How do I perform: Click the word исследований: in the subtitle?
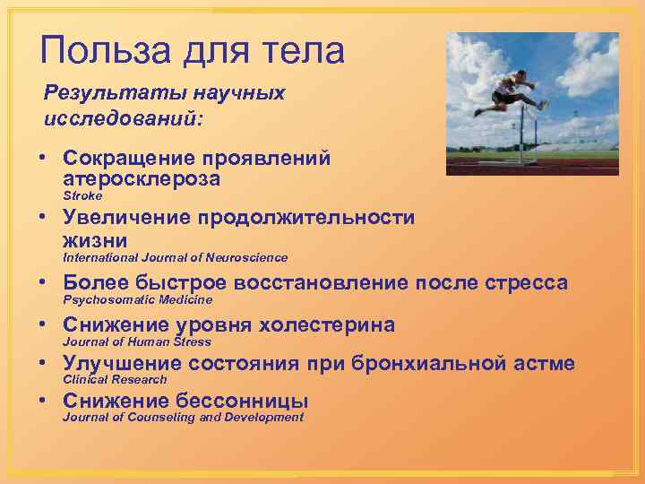tap(124, 117)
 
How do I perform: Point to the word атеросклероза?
tap(142, 179)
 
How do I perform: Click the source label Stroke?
tap(82, 195)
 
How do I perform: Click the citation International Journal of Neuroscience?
tap(175, 258)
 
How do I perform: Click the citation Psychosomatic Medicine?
tap(137, 300)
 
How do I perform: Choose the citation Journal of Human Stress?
tap(136, 341)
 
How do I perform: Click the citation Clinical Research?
tap(115, 380)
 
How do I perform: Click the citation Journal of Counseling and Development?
tap(183, 418)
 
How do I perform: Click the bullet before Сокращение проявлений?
tap(42, 159)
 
